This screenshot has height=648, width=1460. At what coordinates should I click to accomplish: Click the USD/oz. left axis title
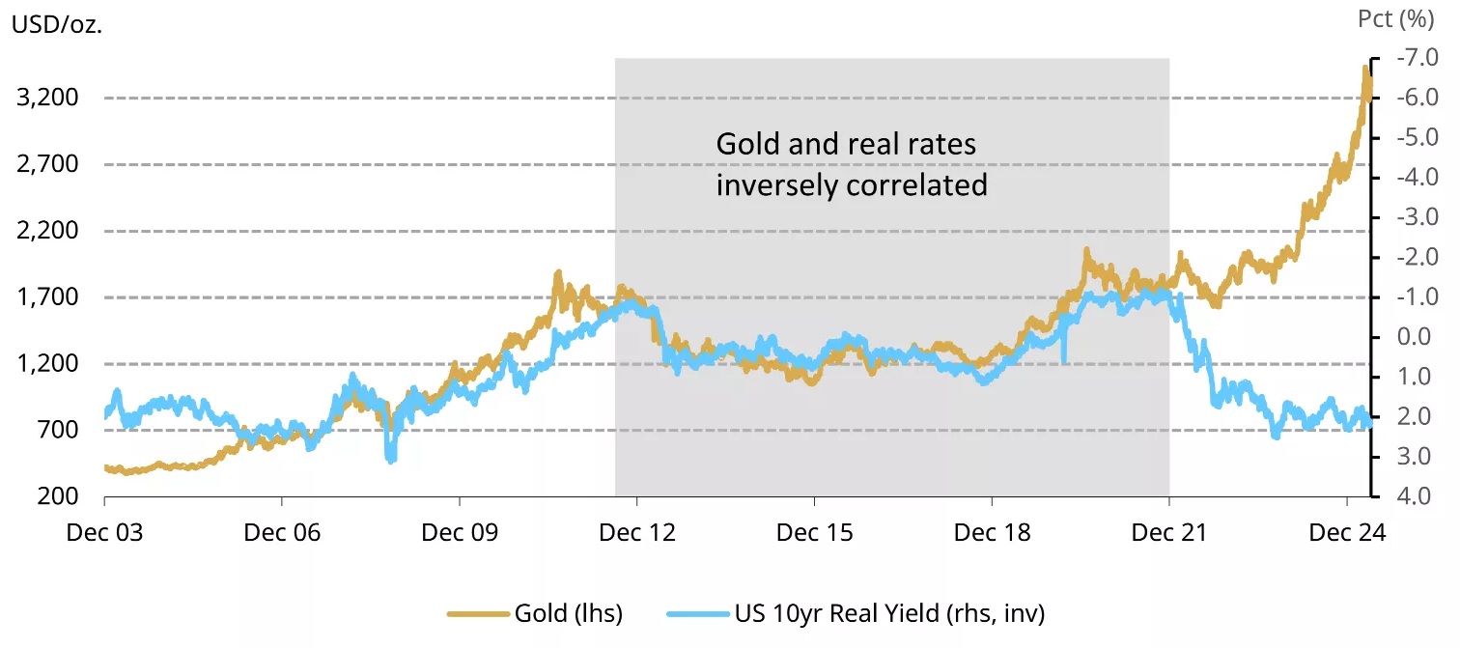coord(57,24)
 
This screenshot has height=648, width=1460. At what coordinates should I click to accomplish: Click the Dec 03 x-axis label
coord(104,533)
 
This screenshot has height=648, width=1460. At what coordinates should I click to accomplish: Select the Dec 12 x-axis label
coord(636,533)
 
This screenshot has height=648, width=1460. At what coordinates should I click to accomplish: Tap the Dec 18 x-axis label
coord(992,533)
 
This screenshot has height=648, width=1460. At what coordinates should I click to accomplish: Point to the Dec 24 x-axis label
coord(1346,533)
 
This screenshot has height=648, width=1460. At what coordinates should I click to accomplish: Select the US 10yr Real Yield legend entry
coord(869,612)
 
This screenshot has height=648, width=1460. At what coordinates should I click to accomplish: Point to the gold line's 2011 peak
coord(558,275)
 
